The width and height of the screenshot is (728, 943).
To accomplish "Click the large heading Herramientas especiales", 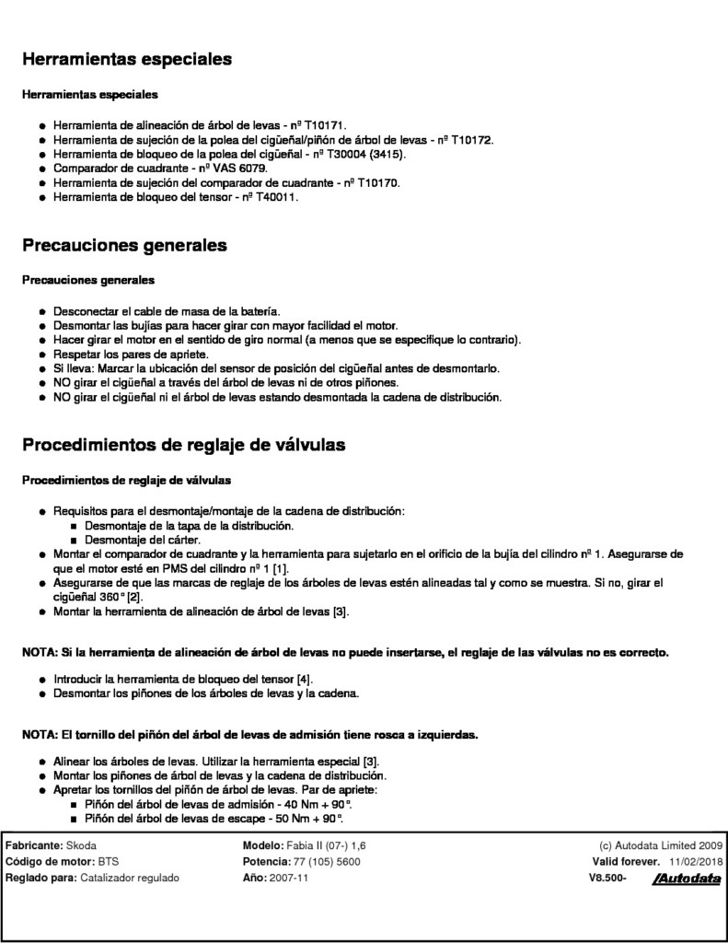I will tap(126, 60).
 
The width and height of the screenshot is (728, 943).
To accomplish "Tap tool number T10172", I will tap(473, 140).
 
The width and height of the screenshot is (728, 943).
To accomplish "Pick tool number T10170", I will tap(378, 183).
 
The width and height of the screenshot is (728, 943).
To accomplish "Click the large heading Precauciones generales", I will tap(124, 247).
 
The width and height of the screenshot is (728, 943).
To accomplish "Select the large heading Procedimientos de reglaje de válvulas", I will tap(183, 446).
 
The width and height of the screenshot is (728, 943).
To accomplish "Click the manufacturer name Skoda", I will tap(82, 845).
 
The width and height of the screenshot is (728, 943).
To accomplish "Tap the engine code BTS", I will tap(110, 862).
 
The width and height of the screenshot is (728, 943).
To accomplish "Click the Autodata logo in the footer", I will tap(686, 879).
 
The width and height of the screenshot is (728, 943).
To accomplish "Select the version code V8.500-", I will tap(607, 879).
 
